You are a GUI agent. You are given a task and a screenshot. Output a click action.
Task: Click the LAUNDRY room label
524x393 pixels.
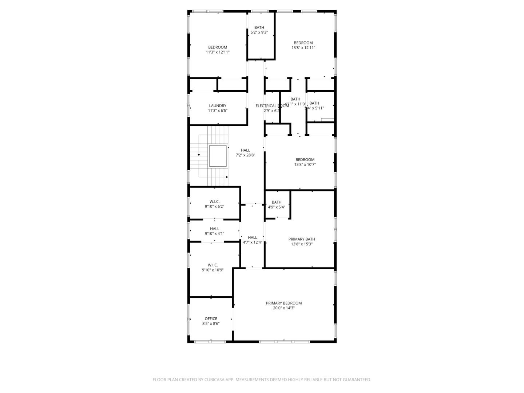coord(218,106)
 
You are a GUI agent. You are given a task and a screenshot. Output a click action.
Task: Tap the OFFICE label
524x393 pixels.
coord(211,319)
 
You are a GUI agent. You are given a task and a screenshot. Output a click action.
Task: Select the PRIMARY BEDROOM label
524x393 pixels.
coord(284,303)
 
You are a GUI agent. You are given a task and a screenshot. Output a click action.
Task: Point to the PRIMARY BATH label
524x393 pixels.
coord(302,239)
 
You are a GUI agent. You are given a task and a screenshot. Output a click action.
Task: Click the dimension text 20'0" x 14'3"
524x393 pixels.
coord(284,308)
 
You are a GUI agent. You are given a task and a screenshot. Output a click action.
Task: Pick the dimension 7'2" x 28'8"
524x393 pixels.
coord(245,155)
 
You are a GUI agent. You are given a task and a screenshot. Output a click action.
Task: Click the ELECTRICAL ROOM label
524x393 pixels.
coord(272,106)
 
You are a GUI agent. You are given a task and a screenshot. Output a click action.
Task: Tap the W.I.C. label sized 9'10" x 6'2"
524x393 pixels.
coord(214,202)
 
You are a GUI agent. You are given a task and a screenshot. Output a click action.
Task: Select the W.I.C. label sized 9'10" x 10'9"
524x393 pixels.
coord(213,265)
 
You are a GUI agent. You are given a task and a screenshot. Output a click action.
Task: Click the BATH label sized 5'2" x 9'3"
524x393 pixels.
coord(259,28)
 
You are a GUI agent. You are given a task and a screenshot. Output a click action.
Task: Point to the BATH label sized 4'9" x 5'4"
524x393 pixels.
coord(277,202)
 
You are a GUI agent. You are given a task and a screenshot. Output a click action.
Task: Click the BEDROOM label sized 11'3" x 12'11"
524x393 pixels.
coord(218,47)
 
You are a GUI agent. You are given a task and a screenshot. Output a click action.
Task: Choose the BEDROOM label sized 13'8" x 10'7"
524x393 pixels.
coord(305,160)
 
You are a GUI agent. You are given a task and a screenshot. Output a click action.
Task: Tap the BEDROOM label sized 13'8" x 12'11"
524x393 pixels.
coord(303,43)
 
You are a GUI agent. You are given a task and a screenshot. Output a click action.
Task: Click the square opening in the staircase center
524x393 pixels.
coord(218,156)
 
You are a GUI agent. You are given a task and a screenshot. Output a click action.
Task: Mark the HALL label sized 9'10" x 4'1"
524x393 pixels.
coord(214,229)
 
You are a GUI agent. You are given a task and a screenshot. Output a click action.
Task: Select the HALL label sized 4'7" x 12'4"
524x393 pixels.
coord(253,238)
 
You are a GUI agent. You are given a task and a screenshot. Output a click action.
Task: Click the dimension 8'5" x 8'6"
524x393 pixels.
coord(211,323)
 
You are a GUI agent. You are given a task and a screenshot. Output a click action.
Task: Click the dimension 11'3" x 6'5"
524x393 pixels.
coord(218,111)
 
